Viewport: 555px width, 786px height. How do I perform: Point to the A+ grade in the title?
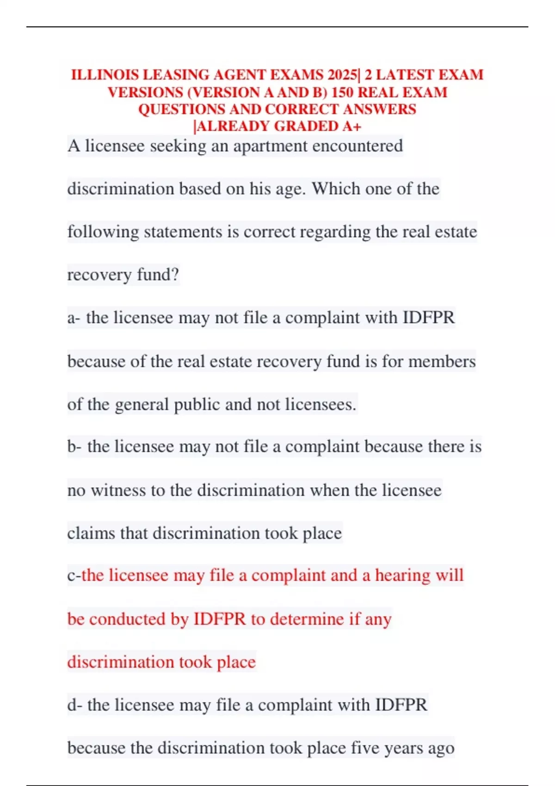352,126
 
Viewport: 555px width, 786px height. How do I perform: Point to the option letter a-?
74,318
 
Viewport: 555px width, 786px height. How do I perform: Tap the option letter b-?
74,447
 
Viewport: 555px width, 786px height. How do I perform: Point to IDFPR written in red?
219,619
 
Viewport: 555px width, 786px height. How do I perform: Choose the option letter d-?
74,705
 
